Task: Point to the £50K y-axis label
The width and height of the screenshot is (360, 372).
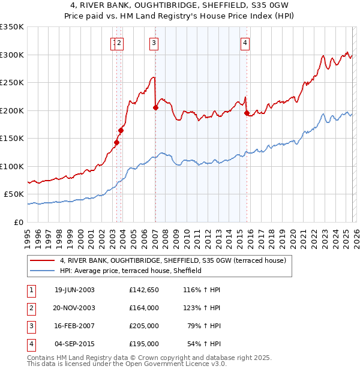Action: tap(14, 194)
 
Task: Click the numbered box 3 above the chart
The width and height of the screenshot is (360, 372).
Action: tap(154, 43)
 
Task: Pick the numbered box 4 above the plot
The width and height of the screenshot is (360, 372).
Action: tap(245, 43)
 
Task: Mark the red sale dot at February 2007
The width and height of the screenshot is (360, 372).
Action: tap(155, 108)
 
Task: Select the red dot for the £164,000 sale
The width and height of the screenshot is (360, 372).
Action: tap(121, 130)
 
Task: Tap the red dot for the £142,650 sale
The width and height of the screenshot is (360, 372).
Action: tap(116, 142)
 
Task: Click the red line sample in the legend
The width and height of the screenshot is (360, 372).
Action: tap(43, 260)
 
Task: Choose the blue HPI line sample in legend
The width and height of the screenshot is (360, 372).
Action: tap(43, 271)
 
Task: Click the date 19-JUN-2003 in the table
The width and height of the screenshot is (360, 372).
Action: tap(74, 290)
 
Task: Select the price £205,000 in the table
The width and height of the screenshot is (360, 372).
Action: tap(144, 326)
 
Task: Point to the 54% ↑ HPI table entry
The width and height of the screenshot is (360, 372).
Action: tap(204, 344)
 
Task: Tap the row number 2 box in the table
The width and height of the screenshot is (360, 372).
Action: tap(31, 308)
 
